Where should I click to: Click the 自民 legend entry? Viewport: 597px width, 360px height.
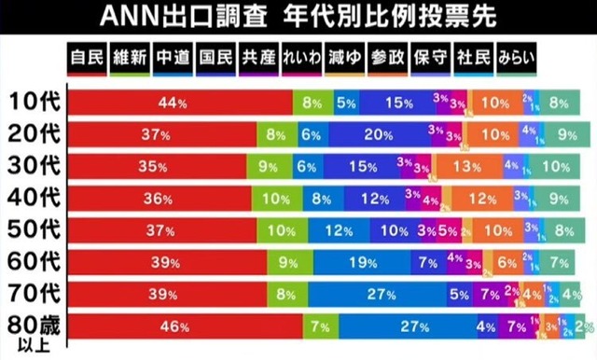tap(87, 57)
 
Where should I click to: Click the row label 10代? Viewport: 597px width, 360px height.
tap(35, 103)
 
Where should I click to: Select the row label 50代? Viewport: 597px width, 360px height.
tap(35, 229)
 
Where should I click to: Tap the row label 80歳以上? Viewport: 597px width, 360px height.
tap(35, 328)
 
